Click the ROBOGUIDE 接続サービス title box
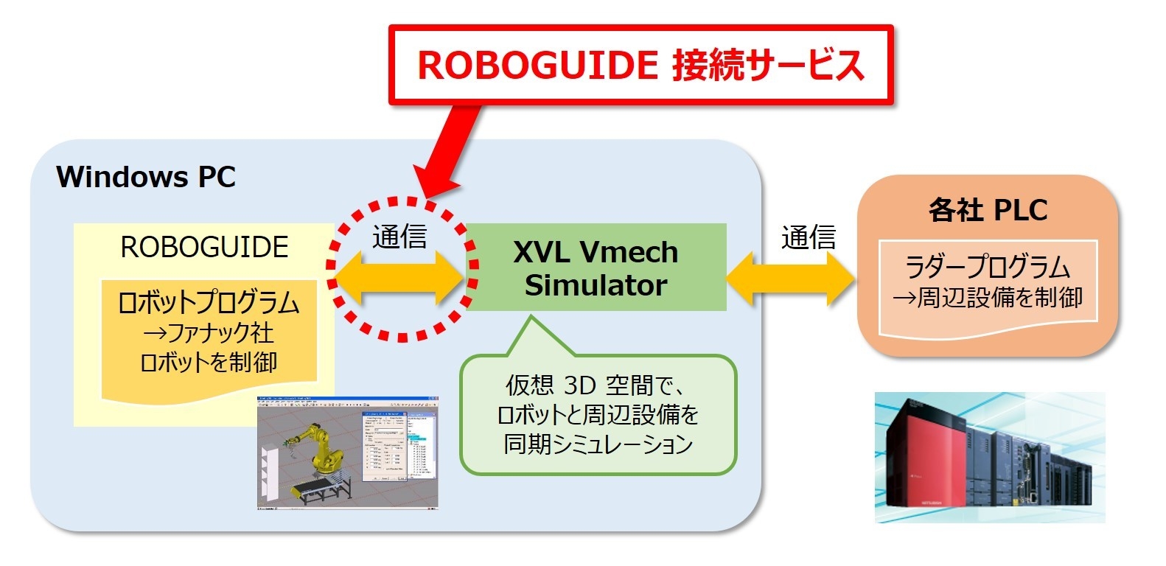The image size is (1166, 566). click(x=640, y=64)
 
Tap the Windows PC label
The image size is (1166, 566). click(x=146, y=177)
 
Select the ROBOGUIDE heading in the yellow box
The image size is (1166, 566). click(x=204, y=247)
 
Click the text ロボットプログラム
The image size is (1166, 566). click(x=209, y=303)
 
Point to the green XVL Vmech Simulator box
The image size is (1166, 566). click(x=596, y=268)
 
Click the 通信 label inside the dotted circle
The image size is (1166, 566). click(x=399, y=237)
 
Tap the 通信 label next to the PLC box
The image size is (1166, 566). click(x=809, y=237)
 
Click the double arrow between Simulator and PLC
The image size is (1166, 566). click(x=791, y=279)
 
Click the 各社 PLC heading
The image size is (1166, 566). click(x=987, y=210)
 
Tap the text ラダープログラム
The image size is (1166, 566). click(x=988, y=266)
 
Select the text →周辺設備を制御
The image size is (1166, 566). click(x=988, y=297)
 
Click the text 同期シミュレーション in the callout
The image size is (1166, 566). click(x=598, y=444)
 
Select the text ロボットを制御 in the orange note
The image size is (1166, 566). click(x=209, y=363)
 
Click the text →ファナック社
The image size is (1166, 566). click(x=209, y=333)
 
